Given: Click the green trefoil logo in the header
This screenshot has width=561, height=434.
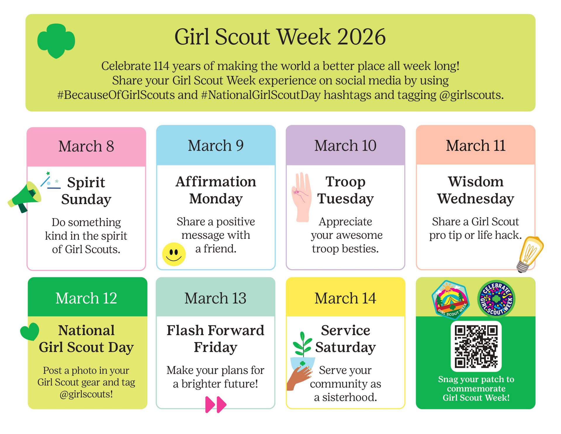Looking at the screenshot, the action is point(56,41).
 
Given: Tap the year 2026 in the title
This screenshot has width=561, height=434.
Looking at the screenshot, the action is point(361,37).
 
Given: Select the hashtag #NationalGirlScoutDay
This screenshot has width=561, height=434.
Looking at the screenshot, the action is point(261,95).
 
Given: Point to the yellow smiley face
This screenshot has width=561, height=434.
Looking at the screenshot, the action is point(174,254).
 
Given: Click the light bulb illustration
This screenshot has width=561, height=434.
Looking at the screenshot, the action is point(529,254).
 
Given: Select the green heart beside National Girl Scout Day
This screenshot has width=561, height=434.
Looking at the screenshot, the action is point(30,331).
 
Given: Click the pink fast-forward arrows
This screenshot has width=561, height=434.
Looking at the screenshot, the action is point(216,404).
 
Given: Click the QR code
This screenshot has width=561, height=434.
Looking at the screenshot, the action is point(476,346).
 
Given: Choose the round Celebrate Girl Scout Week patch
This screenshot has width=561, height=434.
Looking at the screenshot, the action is point(496,299).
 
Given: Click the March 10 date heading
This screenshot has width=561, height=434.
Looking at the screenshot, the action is point(345,145).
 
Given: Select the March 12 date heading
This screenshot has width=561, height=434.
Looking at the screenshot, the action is point(86,298).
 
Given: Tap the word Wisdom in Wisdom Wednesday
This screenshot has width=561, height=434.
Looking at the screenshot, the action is point(476,181).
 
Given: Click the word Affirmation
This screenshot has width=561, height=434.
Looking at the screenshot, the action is point(216,181).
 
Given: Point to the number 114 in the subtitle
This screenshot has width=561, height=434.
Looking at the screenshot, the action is point(161,66).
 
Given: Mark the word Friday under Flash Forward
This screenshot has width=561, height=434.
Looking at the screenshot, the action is point(216,347).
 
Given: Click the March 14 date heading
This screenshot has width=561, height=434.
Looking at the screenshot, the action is point(345,298).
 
